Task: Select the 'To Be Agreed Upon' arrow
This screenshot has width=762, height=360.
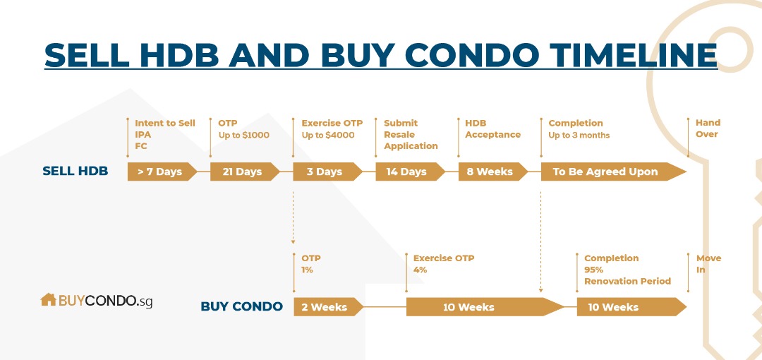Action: tap(613, 172)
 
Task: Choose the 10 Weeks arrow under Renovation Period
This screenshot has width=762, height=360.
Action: tap(631, 307)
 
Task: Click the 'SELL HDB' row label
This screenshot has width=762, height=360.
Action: tap(75, 172)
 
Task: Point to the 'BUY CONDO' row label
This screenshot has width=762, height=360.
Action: tap(241, 306)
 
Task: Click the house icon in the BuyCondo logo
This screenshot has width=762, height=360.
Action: tap(48, 299)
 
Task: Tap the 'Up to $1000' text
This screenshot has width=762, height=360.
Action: tap(243, 136)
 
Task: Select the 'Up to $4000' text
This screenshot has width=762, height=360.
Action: tap(328, 136)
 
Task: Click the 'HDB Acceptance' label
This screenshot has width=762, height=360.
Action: tap(492, 129)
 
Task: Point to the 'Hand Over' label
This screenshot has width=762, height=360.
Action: tap(708, 128)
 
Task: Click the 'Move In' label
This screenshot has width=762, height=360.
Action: tap(708, 264)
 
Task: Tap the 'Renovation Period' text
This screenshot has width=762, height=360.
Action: tap(627, 281)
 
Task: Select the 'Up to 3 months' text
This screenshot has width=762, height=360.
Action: tap(579, 136)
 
